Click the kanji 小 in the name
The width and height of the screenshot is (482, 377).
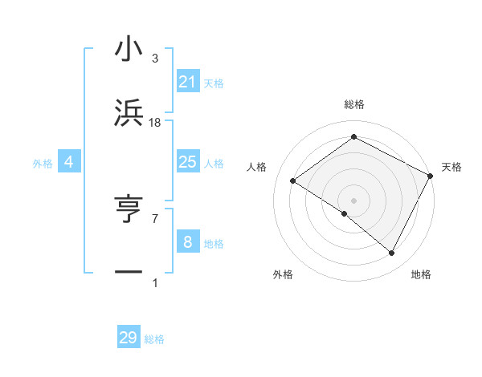click(129, 50)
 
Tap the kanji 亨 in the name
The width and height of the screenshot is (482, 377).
click(129, 210)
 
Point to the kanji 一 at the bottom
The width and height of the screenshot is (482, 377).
click(129, 273)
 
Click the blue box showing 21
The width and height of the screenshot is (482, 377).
click(188, 81)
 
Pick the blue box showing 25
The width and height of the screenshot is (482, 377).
click(188, 162)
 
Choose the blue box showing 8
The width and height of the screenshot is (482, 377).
click(188, 241)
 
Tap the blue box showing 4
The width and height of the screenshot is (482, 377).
click(69, 162)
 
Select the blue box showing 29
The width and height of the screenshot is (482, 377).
click(129, 338)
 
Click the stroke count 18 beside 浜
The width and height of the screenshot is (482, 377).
click(155, 122)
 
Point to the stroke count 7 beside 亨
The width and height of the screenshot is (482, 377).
click(155, 218)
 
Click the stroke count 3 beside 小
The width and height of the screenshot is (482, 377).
click(155, 59)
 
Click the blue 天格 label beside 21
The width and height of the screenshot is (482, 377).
click(214, 83)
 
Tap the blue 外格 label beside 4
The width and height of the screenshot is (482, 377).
click(43, 164)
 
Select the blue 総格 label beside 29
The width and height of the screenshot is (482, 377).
click(154, 339)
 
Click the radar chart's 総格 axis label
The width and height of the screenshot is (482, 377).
click(353, 105)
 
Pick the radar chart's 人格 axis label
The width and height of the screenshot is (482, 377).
click(257, 167)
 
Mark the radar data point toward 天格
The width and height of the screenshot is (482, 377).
click(431, 176)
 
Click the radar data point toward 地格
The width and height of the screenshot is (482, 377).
click(392, 253)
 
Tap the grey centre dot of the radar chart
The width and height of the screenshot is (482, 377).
click(353, 200)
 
